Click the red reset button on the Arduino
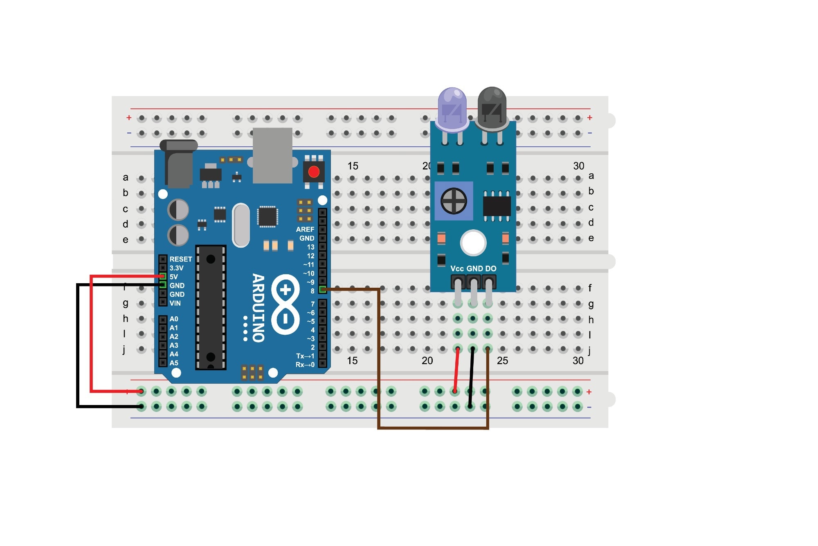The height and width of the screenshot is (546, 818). [x=314, y=172]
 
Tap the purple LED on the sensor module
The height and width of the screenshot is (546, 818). [x=452, y=109]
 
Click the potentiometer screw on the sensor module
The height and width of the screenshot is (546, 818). [x=454, y=201]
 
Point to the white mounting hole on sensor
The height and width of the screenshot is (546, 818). [x=473, y=243]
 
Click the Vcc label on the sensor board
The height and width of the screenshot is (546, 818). [x=457, y=269]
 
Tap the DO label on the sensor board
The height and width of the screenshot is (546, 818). [x=491, y=269]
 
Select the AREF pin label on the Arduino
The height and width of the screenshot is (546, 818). [x=305, y=229]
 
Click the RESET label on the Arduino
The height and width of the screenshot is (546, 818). [x=181, y=259]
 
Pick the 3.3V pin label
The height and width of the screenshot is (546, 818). [x=177, y=268]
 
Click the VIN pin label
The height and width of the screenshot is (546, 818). [x=175, y=303]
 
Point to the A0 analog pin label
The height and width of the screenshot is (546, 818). [x=174, y=319]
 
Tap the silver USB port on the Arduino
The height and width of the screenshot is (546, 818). [x=272, y=156]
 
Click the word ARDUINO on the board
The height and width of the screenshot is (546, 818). [x=258, y=308]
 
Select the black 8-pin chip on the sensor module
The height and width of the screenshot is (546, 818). [x=497, y=206]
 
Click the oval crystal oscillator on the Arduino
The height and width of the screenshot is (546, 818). [x=241, y=225]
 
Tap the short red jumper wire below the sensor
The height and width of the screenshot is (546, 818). [x=456, y=370]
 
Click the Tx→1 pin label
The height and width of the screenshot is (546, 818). [x=305, y=356]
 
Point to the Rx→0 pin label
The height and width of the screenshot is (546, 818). [x=305, y=365]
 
